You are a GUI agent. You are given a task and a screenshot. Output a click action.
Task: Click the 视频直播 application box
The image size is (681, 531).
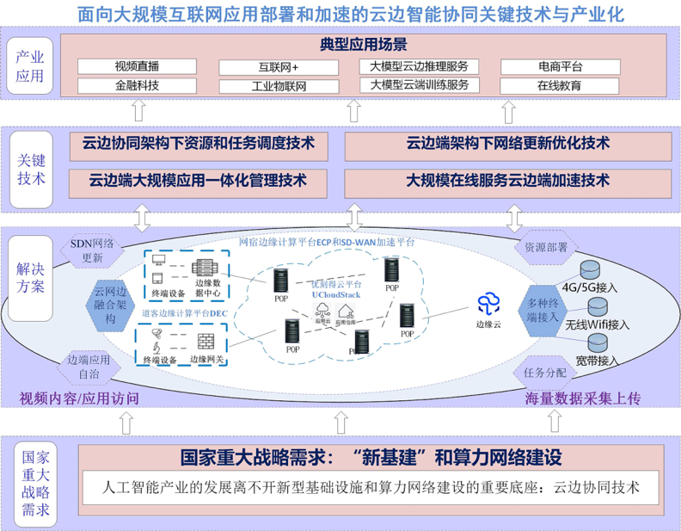137,66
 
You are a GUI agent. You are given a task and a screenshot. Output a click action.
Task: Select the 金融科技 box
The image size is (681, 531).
137,85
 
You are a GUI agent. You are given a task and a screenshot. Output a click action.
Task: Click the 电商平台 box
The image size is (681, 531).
560,66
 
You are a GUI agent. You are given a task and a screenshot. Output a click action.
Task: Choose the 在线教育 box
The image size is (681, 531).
560,85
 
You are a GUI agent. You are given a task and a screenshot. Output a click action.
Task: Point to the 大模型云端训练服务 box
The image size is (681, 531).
419,85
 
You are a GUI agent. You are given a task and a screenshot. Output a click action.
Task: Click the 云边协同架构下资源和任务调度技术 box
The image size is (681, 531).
198,143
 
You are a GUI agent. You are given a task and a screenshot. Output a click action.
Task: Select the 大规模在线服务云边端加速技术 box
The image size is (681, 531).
507,181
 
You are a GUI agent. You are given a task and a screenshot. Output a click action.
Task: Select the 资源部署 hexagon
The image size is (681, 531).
545,247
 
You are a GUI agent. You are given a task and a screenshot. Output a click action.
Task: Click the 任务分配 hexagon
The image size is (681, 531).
545,373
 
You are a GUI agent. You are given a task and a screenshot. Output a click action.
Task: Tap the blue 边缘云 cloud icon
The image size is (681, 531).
489,302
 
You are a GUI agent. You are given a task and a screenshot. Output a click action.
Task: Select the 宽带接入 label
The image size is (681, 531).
602,358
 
